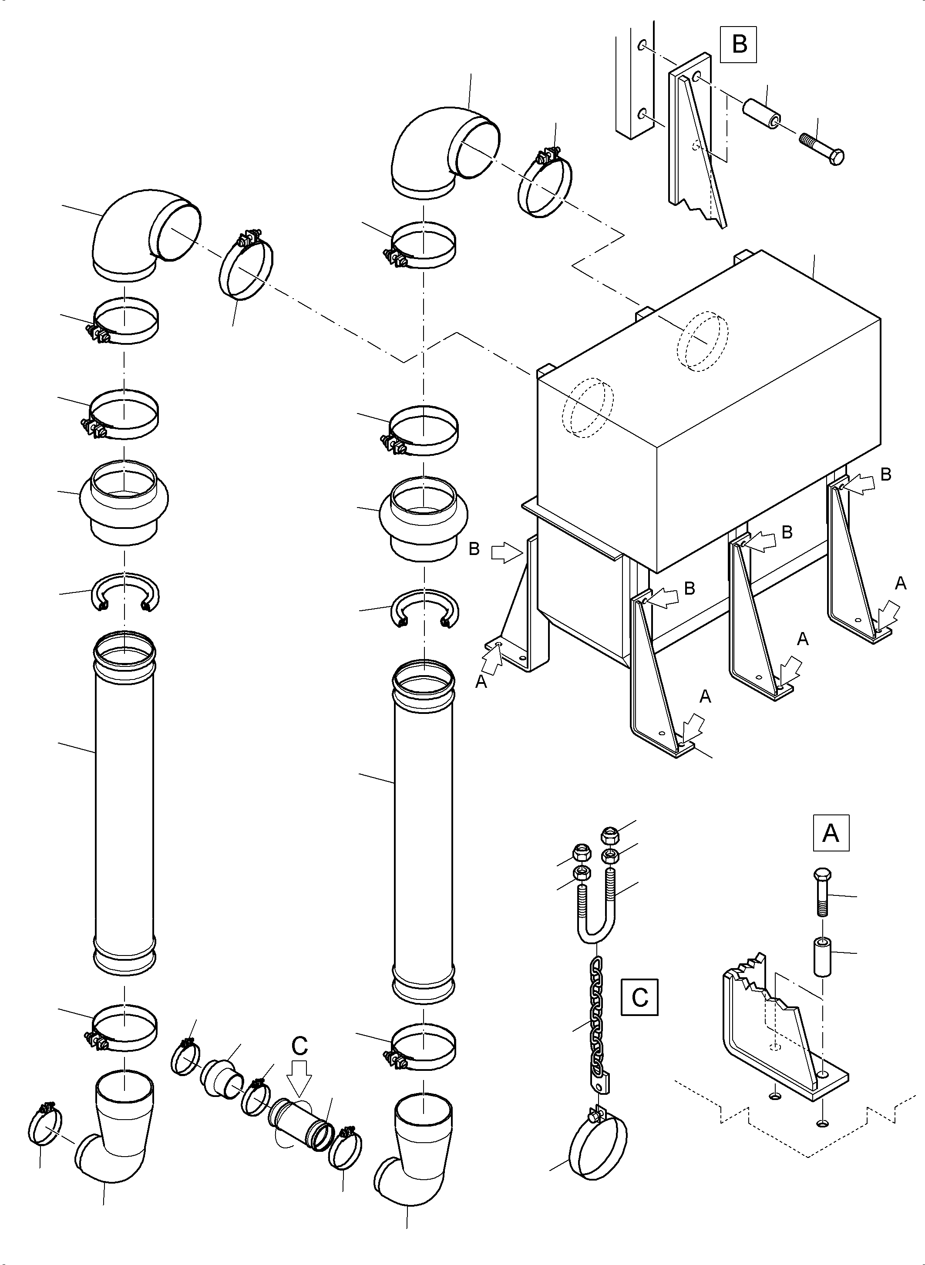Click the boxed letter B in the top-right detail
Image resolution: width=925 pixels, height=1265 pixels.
click(739, 44)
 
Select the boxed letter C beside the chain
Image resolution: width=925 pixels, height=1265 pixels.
click(639, 997)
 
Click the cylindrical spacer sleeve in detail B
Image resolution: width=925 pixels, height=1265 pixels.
click(762, 114)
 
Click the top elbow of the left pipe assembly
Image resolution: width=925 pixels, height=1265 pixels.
click(140, 232)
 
